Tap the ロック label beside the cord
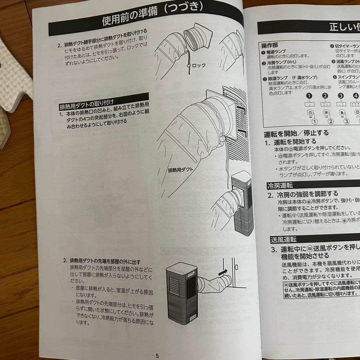click(199, 65)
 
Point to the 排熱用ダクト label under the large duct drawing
click(180, 169)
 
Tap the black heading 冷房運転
click(280, 186)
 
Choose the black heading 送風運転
click(283, 239)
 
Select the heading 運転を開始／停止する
click(296, 133)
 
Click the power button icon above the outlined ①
click(310, 112)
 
